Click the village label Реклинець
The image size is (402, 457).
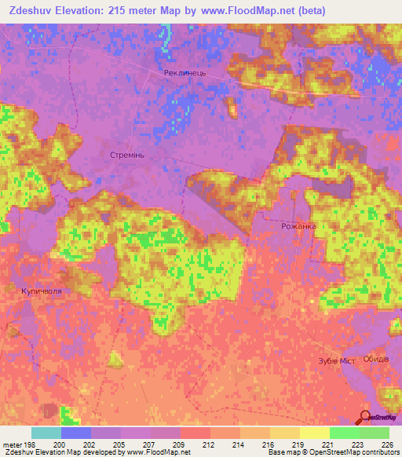[x=185, y=73]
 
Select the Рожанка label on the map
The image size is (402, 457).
[x=298, y=226]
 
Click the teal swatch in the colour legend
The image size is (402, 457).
[x=46, y=433]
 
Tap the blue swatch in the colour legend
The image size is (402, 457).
[x=76, y=433]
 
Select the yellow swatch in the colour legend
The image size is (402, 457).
[x=315, y=433]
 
